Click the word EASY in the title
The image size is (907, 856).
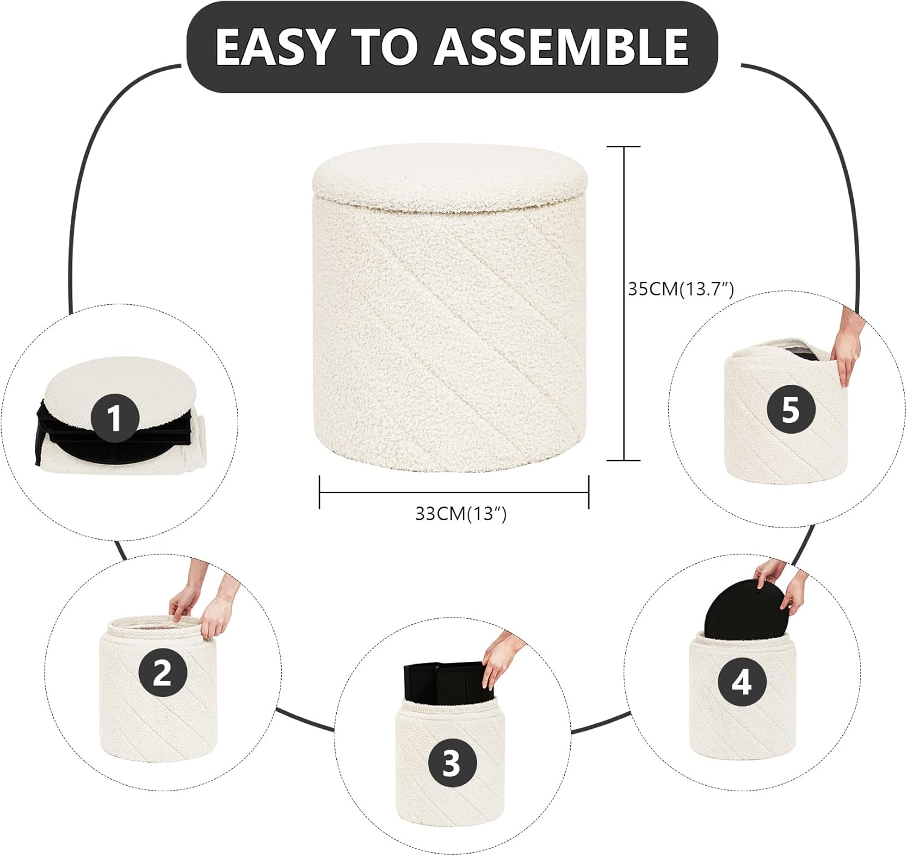(x=274, y=47)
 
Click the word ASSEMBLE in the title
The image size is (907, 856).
(x=561, y=47)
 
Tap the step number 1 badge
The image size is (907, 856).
(x=115, y=418)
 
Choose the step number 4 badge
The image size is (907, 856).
(x=742, y=682)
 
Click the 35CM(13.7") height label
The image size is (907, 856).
(x=680, y=289)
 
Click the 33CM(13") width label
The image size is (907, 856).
(x=461, y=514)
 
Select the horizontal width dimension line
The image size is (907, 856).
(x=453, y=492)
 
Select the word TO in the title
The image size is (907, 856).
(x=384, y=47)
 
